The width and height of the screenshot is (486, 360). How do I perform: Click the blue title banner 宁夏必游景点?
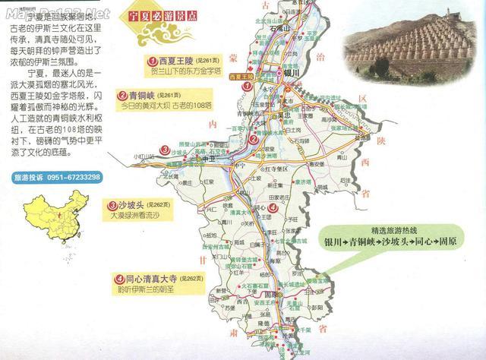(x=191, y=14)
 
